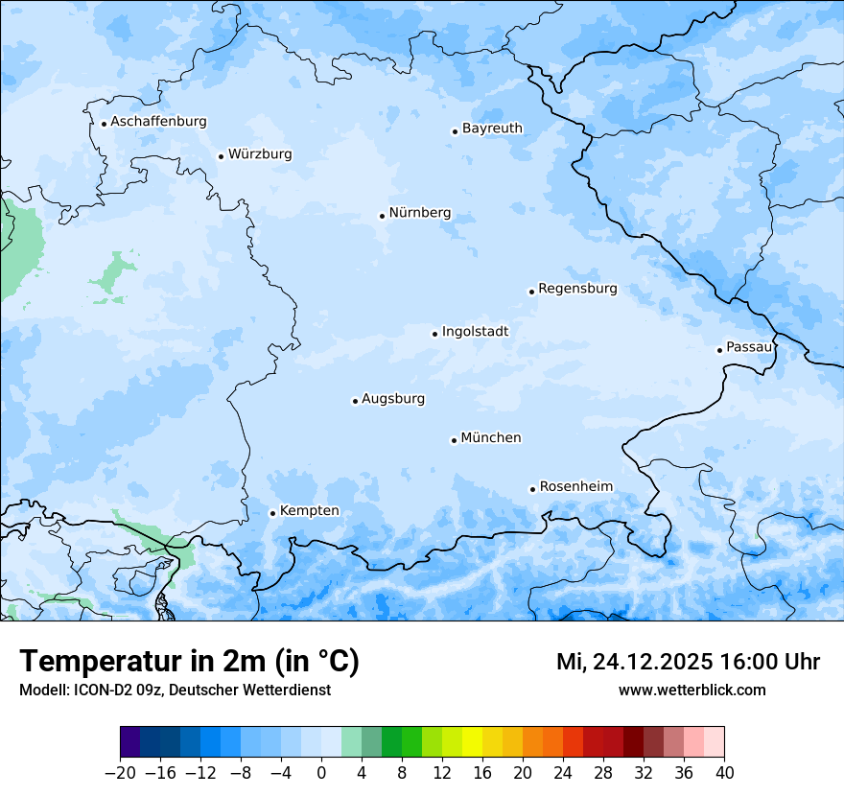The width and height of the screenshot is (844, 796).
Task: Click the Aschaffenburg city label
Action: tap(158, 122)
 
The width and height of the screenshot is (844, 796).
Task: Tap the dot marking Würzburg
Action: tap(221, 156)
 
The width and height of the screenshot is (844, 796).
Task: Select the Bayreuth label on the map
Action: tap(492, 129)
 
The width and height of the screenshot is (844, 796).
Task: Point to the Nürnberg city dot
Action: tap(382, 216)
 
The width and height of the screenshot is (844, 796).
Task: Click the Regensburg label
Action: tap(577, 289)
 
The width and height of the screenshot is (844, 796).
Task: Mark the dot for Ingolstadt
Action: tap(434, 335)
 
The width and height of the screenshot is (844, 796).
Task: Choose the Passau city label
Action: tap(749, 347)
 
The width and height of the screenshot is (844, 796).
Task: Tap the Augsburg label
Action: tap(393, 399)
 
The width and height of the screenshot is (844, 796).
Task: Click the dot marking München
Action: tap(454, 441)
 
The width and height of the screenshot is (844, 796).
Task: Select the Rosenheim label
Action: tap(575, 487)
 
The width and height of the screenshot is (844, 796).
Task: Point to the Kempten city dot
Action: tap(272, 513)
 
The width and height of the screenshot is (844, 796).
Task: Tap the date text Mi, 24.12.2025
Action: tap(633, 662)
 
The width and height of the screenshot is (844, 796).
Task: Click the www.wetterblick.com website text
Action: tap(692, 690)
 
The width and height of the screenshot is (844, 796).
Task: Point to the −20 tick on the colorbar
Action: tap(120, 772)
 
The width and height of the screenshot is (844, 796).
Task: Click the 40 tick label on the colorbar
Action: tap(724, 772)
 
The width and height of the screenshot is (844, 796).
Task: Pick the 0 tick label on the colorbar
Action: tap(321, 772)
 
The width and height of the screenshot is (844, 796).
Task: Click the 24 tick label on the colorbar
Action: tap(563, 772)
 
